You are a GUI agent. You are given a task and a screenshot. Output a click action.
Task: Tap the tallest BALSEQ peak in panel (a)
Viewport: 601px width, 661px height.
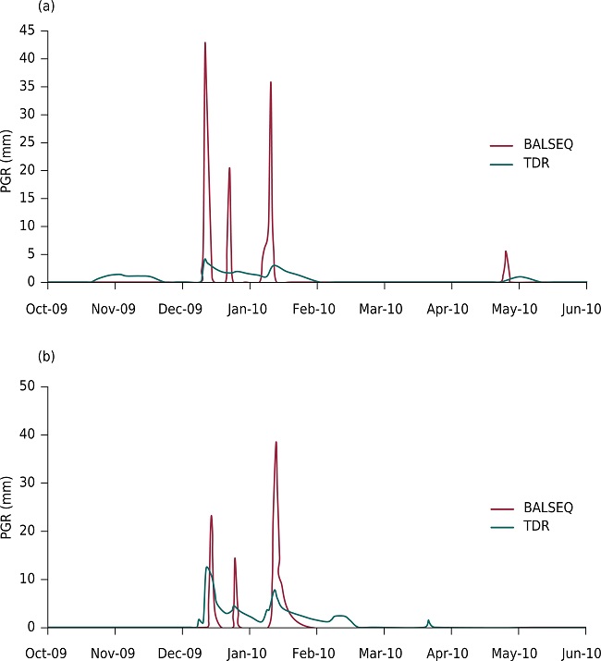205,43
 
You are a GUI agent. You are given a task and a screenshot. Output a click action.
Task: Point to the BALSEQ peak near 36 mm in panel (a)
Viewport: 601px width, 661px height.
271,82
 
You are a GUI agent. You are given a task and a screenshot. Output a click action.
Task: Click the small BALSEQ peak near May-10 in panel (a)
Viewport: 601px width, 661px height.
506,251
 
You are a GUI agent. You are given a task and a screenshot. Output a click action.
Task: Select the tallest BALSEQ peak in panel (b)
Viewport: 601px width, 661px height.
276,442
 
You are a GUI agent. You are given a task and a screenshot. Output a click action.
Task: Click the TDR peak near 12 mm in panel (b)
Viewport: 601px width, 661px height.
206,567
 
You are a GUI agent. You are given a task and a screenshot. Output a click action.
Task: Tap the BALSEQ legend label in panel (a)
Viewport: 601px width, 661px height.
548,146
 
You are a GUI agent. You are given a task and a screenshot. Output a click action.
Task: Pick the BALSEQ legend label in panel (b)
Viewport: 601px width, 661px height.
548,508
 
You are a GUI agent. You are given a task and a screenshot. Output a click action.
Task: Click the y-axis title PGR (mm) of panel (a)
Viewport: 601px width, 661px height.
8,159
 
